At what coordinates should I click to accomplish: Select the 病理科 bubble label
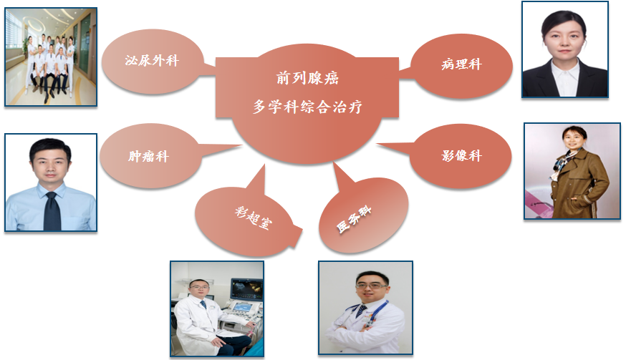461,64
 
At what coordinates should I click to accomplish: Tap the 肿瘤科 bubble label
148,155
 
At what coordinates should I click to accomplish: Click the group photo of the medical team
51,57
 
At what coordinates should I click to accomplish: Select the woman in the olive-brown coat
573,175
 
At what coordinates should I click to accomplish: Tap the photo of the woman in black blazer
564,49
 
